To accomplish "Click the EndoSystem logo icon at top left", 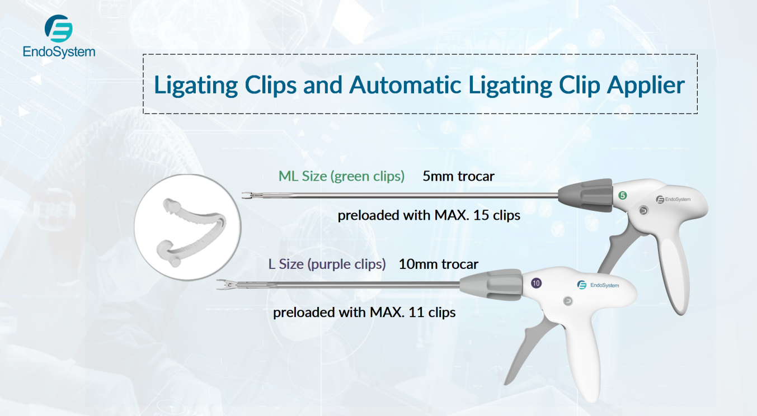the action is (58, 29).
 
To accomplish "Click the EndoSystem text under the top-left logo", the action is (59, 52).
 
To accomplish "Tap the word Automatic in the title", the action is (405, 85).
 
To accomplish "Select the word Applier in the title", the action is (646, 86).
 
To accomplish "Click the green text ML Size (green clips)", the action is (341, 176).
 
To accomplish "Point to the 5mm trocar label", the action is (458, 176).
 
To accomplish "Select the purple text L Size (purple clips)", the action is (327, 264).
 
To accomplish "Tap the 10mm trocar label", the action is (438, 264).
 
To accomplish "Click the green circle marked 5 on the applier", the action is (622, 196).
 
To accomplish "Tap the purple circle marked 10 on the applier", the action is (536, 283).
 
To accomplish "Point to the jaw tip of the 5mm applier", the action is (243, 195).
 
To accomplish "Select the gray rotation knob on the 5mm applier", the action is (586, 196).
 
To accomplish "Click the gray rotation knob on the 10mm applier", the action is (492, 285).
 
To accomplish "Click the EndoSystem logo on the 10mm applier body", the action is (598, 285).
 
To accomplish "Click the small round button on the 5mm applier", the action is (643, 211).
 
